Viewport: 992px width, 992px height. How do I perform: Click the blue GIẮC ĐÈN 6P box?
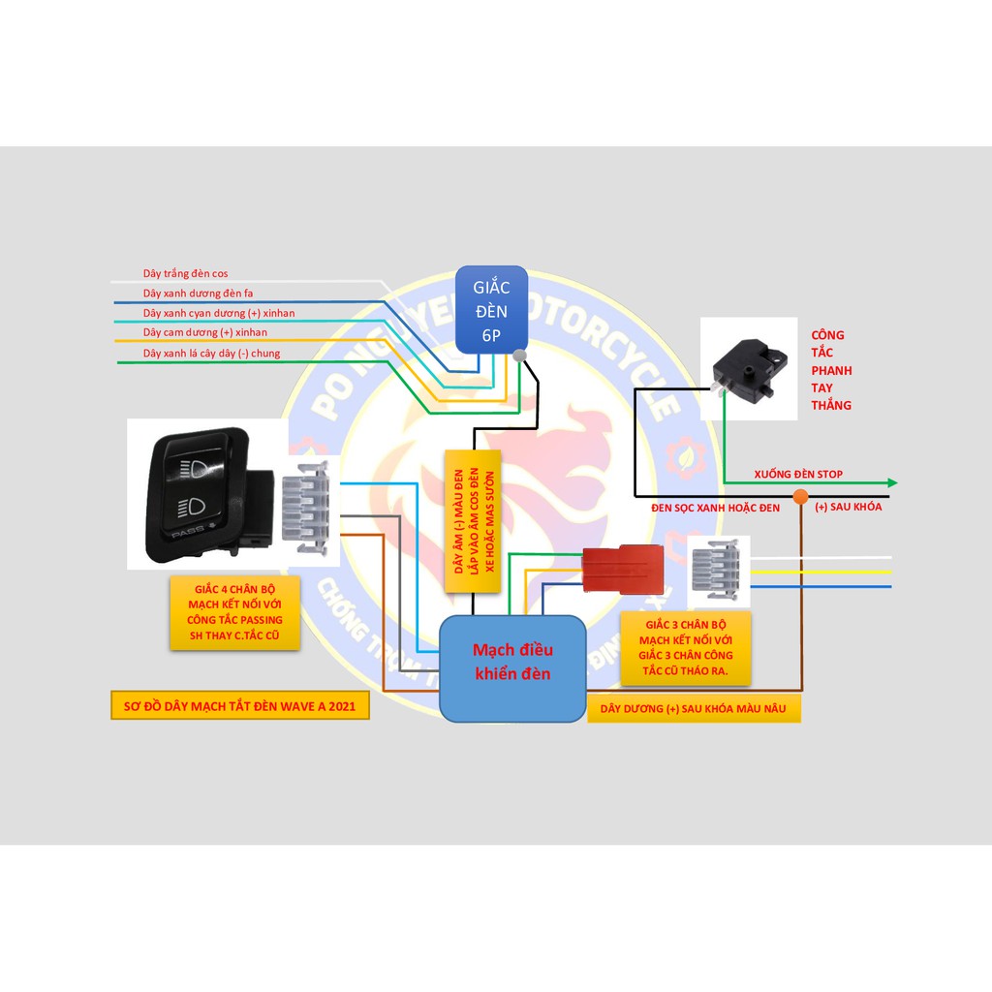click(492, 309)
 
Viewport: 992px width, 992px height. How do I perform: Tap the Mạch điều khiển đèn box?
click(511, 667)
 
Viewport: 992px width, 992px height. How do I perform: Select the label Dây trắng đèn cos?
click(185, 274)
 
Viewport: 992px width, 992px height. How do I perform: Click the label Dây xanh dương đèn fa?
click(198, 293)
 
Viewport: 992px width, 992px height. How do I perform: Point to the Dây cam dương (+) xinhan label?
click(204, 332)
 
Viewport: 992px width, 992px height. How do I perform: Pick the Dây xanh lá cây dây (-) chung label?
click(211, 354)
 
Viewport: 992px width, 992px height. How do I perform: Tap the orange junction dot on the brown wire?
click(800, 497)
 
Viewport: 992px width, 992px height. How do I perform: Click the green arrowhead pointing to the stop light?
click(891, 482)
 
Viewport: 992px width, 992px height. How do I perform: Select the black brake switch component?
click(747, 369)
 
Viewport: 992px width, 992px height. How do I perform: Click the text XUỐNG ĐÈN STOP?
click(798, 474)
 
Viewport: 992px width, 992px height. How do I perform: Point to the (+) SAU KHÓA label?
click(849, 507)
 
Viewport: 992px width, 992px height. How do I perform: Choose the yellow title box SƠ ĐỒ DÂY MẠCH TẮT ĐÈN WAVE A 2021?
click(239, 706)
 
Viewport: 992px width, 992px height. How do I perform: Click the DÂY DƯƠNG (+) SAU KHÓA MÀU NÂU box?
click(693, 709)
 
